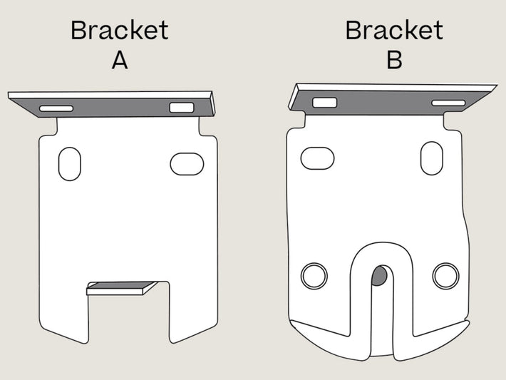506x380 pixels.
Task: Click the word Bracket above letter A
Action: [x=120, y=30]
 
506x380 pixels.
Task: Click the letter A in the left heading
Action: [x=120, y=61]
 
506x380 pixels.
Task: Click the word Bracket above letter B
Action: [x=394, y=30]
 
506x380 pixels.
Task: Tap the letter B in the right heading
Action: [x=394, y=61]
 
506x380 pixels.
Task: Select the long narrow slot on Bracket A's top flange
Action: [x=56, y=108]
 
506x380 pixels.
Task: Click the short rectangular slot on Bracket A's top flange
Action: [x=182, y=108]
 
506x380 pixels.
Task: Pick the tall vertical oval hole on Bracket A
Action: [x=70, y=164]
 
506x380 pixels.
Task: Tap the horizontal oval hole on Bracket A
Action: [x=187, y=164]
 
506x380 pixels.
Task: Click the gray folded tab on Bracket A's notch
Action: [x=122, y=286]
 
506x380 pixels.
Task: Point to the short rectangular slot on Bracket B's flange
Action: [x=325, y=103]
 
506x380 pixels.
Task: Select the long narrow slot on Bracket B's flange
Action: [x=448, y=103]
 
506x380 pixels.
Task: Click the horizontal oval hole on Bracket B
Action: [x=318, y=158]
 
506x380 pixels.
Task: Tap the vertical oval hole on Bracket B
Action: [x=432, y=158]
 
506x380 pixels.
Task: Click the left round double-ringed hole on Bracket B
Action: [x=314, y=276]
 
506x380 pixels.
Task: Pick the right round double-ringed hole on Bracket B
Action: [x=445, y=276]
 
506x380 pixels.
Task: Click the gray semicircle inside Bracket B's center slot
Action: [x=379, y=276]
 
